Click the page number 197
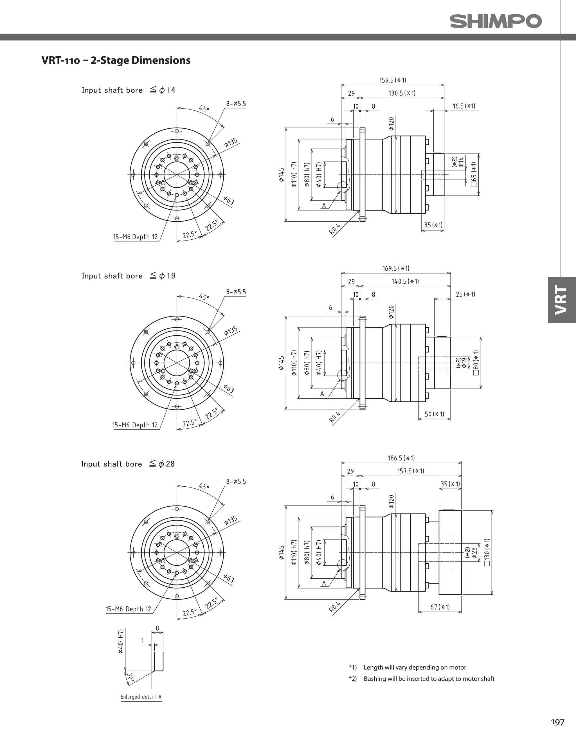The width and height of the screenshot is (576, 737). point(557,722)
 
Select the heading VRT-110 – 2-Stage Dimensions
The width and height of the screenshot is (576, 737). point(116,60)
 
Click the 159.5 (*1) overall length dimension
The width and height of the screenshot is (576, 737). point(392,80)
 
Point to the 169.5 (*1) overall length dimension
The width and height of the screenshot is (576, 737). point(396,268)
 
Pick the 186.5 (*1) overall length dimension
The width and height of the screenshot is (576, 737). point(401,458)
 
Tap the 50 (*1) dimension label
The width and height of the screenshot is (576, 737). point(434,414)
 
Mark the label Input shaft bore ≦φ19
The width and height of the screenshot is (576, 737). point(128,276)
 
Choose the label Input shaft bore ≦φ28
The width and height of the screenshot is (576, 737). point(128,464)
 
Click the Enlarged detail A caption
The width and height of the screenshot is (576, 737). point(141,696)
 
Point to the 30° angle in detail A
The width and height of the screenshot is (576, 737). point(130,677)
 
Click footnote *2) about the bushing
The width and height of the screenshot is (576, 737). point(422,678)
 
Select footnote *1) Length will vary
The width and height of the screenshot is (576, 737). point(407,667)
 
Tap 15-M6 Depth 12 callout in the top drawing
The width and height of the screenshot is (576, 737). point(135,237)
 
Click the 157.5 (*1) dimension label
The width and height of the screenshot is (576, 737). point(410,471)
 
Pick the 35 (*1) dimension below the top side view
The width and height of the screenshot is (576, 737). point(433,225)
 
